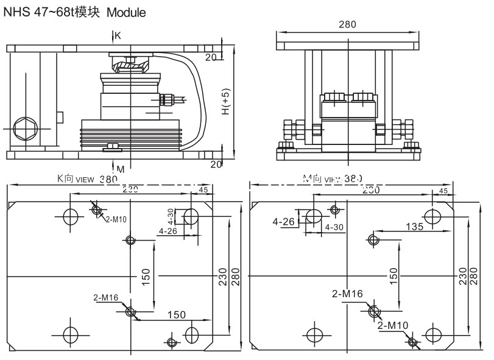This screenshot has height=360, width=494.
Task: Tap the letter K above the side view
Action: pos(118,36)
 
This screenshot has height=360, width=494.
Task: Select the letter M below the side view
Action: pos(120,168)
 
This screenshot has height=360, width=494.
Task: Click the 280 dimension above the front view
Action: pos(347,25)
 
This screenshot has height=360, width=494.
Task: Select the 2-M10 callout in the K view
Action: pos(115,219)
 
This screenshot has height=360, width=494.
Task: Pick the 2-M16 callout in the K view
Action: pos(105,298)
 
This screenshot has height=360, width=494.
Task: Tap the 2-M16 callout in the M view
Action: pos(347,294)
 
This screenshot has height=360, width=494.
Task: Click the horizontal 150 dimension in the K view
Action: pos(176,314)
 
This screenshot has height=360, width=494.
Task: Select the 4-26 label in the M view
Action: pos(284,222)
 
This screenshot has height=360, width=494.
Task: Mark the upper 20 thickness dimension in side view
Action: pos(211,57)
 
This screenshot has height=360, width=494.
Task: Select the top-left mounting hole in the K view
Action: pos(70,216)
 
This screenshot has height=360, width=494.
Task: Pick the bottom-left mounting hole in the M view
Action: pos(314,334)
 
